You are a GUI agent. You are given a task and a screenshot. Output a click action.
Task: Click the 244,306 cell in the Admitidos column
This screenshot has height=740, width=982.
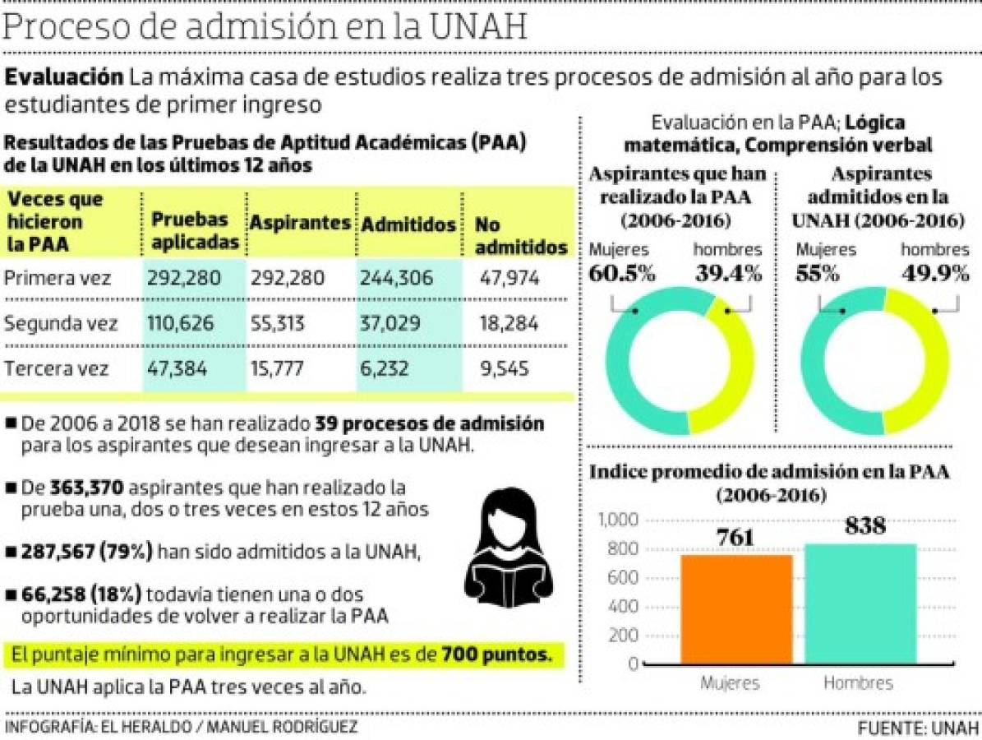[x=396, y=279]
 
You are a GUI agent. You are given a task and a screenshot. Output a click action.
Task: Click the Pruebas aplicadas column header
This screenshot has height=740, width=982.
[x=195, y=231]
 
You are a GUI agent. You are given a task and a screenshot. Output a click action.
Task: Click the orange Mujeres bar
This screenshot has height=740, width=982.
[x=736, y=609]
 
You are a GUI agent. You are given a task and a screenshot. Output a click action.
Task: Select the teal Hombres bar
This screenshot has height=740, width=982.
[x=860, y=604]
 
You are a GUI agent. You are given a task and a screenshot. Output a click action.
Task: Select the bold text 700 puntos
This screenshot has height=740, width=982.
[x=496, y=655]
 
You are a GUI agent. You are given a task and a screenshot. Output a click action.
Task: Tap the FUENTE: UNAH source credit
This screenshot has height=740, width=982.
[x=918, y=728]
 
